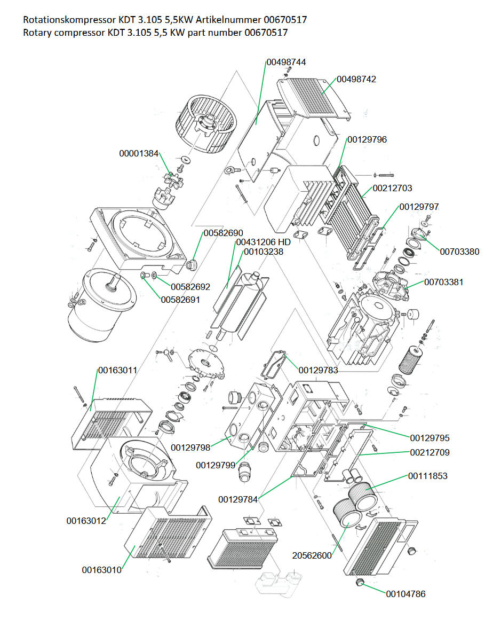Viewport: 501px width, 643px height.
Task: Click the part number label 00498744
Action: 286,62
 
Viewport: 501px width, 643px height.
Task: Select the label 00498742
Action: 356,79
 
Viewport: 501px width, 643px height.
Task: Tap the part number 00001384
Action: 139,154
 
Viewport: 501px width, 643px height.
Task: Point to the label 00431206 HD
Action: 263,242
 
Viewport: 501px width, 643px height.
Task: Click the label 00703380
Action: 459,252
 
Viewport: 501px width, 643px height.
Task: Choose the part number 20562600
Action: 312,556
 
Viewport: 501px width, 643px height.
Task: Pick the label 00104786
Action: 405,594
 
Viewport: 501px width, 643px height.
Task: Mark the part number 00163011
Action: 117,370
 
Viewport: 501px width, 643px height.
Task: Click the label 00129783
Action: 318,370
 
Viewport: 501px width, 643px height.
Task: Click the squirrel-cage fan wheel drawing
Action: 206,124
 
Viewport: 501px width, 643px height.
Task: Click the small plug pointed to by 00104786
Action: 360,582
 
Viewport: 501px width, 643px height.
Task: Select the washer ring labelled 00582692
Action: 154,276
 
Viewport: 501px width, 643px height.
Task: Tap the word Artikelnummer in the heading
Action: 228,20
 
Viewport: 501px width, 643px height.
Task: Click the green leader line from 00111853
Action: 386,483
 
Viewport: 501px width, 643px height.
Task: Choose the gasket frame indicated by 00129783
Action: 273,365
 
